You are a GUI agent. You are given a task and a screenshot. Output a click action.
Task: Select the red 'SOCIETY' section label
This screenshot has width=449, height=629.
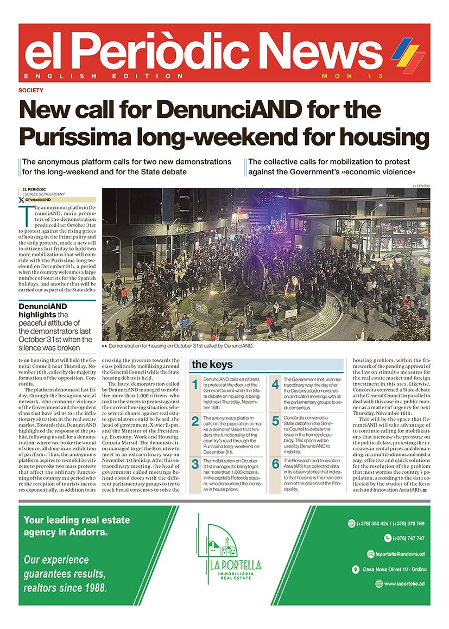point(30,91)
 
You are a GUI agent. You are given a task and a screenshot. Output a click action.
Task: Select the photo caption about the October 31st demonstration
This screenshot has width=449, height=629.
point(179,345)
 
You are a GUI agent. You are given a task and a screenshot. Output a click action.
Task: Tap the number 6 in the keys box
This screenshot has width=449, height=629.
point(275,463)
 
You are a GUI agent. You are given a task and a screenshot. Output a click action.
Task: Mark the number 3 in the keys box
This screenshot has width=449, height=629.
point(195,463)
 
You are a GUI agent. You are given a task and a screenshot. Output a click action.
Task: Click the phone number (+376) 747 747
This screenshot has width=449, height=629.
point(404,538)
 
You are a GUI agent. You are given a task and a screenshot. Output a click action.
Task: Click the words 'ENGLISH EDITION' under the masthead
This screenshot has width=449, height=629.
point(103,77)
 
